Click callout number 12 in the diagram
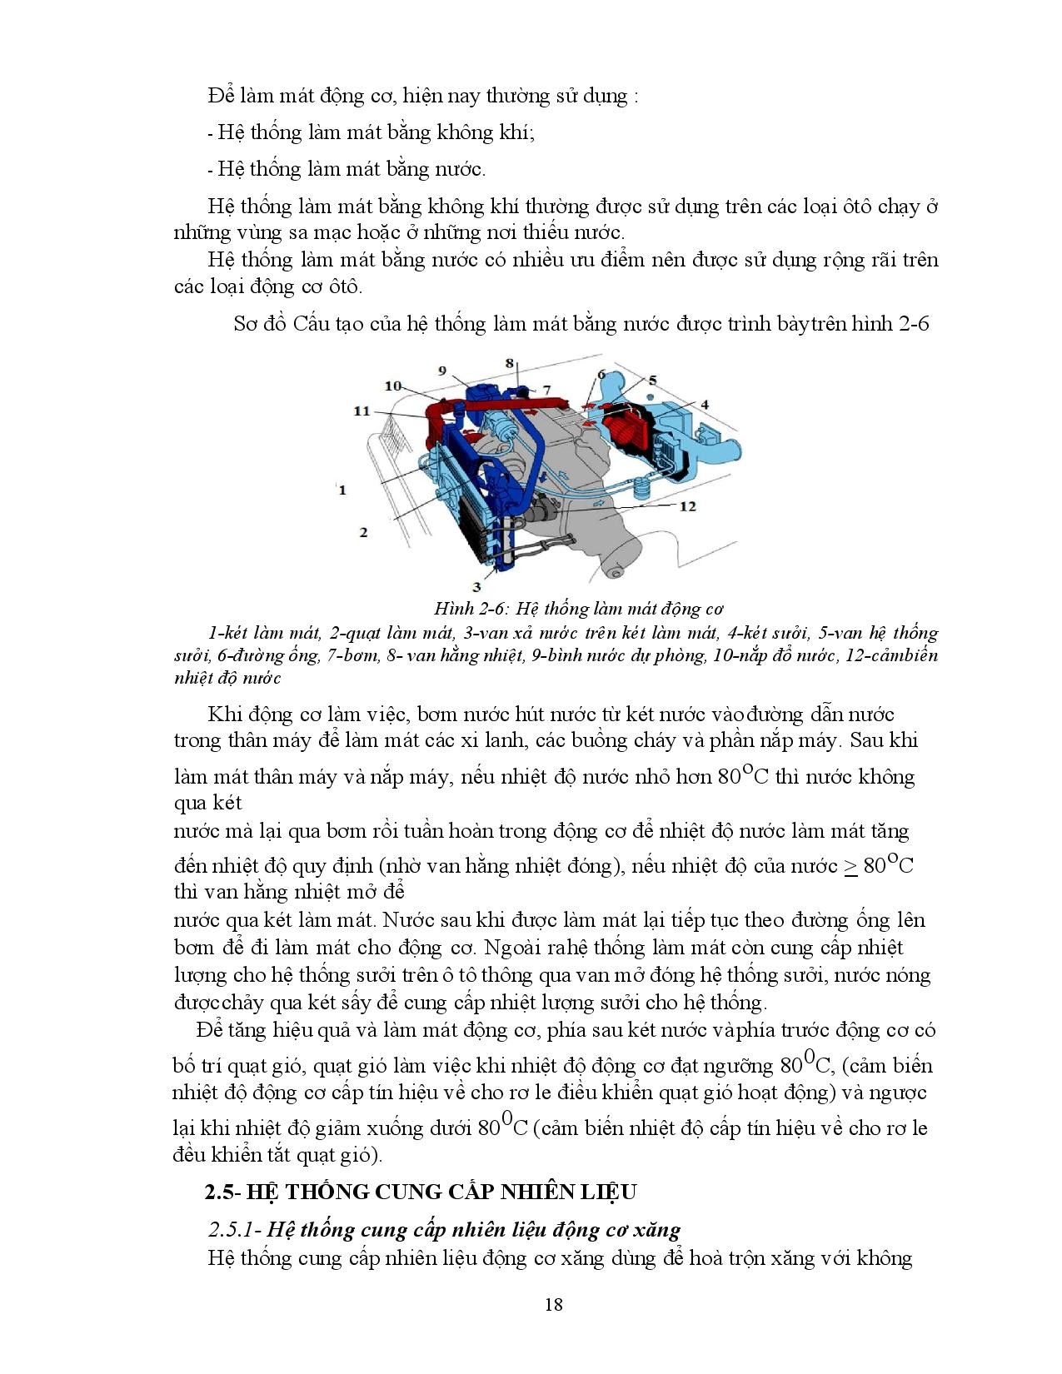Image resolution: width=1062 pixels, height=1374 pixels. [x=687, y=506]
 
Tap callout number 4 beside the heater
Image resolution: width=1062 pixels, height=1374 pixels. [x=704, y=405]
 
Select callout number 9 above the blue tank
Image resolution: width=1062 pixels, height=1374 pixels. [x=442, y=371]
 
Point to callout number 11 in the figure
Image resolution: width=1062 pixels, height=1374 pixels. [x=361, y=411]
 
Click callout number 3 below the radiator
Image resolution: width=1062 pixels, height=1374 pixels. [x=477, y=586]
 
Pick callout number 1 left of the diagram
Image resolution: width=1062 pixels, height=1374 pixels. [x=342, y=490]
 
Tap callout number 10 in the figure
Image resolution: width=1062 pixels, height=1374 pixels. [x=393, y=386]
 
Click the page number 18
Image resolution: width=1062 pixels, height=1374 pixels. [x=554, y=1304]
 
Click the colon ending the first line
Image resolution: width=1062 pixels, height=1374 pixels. [x=636, y=97]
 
